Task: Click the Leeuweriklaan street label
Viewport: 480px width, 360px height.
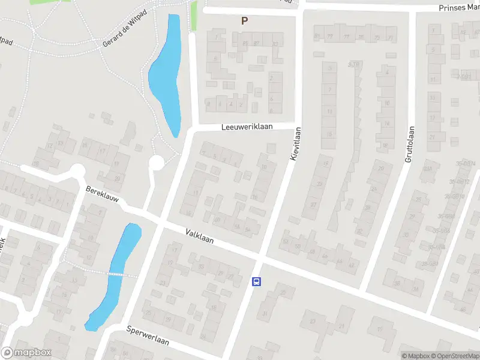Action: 247,127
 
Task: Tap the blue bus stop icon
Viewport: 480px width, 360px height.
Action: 256,281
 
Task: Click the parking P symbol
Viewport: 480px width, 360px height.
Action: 244,20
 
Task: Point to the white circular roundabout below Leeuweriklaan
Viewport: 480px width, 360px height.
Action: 157,163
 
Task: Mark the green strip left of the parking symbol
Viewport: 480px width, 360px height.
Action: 193,17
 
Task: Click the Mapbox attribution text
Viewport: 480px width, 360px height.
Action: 416,356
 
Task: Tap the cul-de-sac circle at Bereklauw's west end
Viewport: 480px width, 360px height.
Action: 77,173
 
